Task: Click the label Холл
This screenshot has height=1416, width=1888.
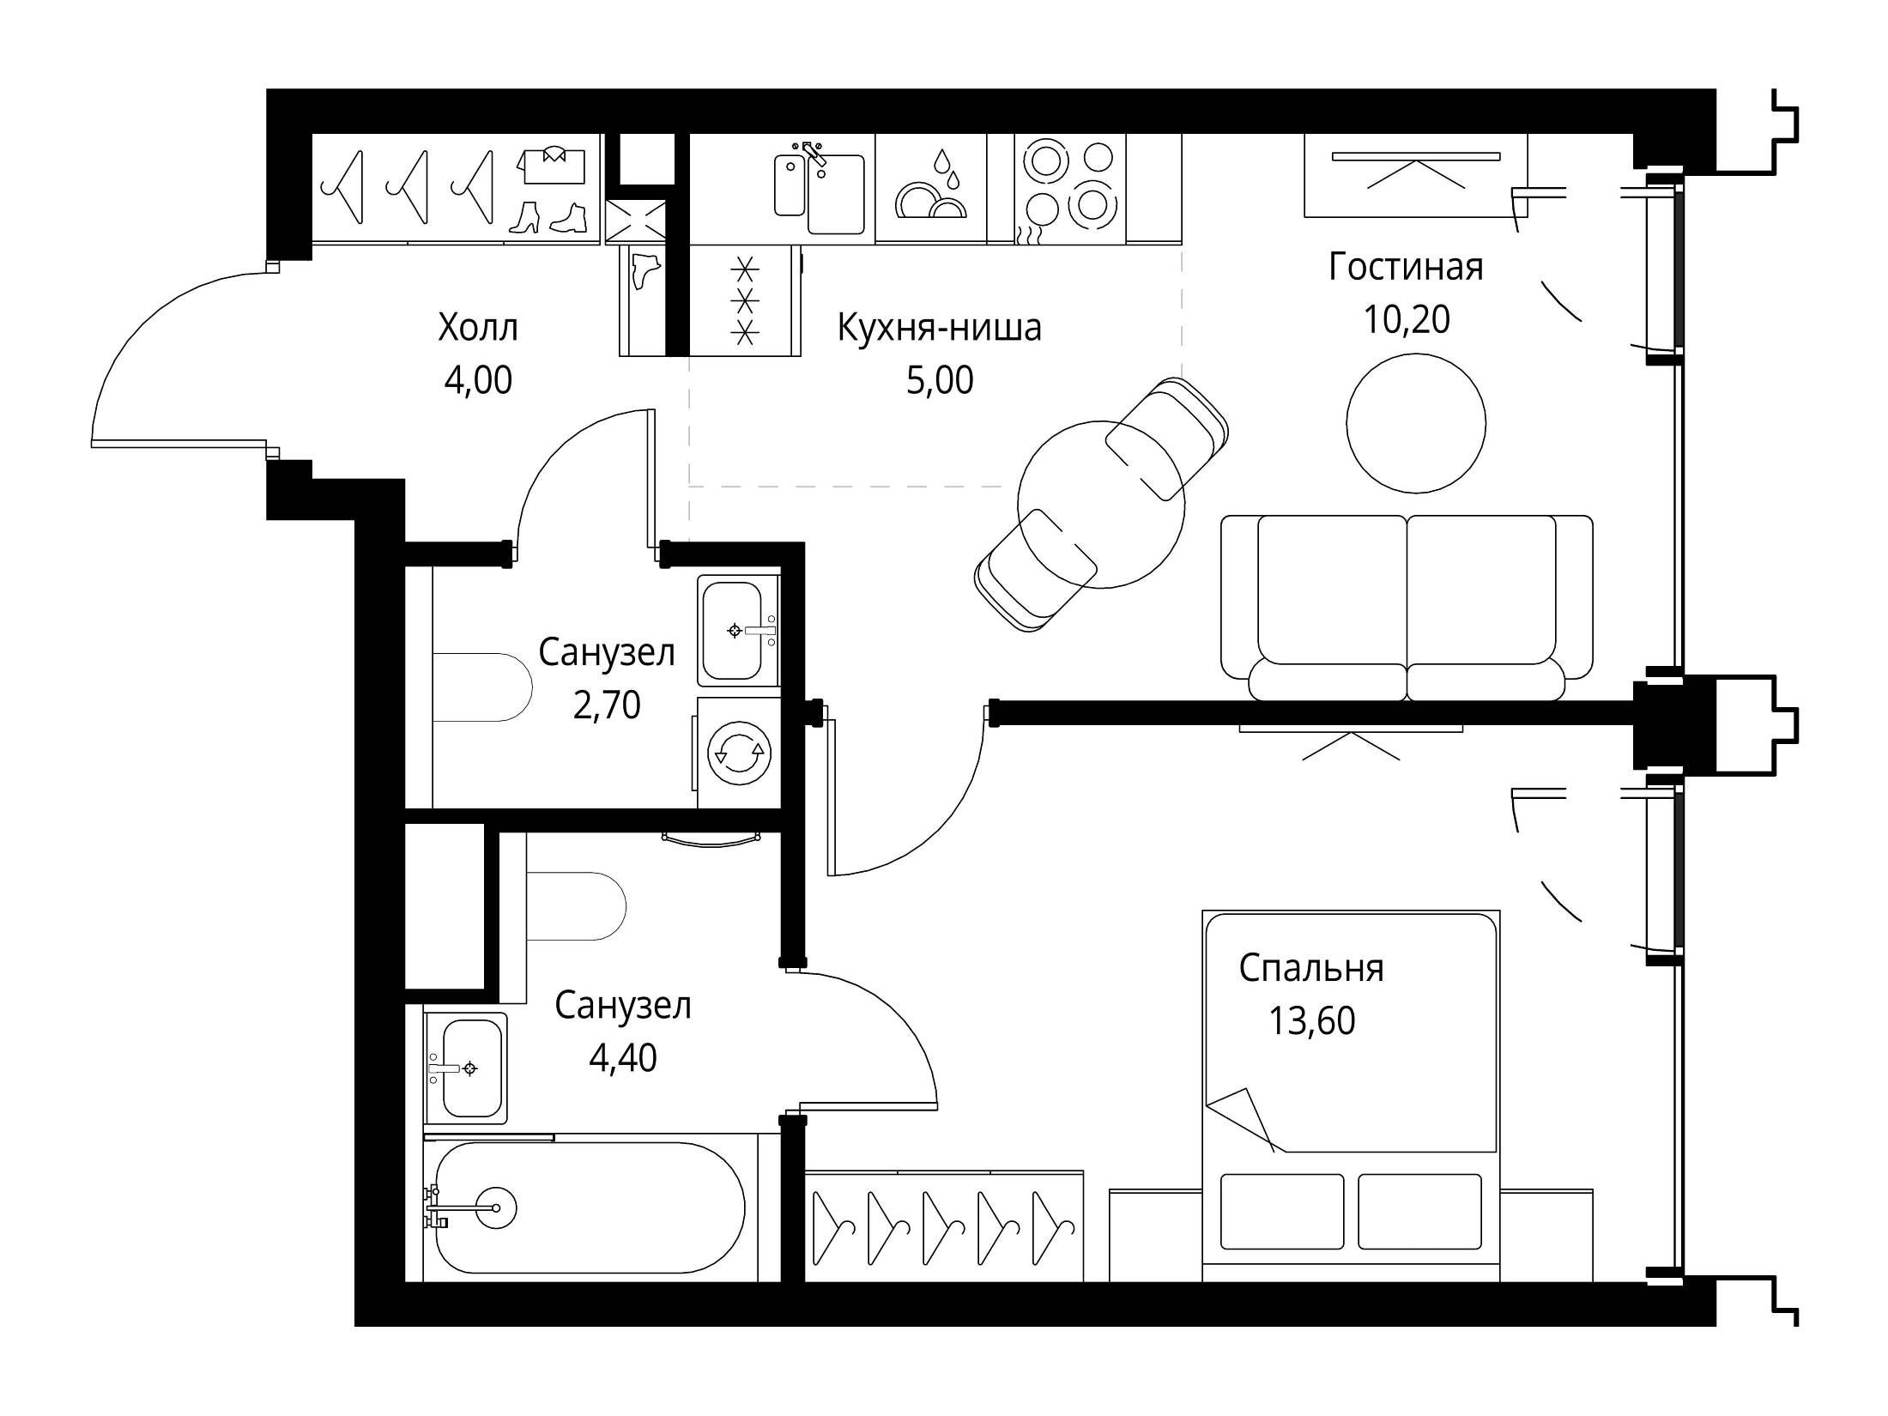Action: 478,328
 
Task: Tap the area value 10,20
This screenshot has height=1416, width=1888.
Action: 1407,319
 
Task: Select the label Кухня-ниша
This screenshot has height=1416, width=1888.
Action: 939,328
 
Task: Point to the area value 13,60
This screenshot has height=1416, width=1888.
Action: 1312,1021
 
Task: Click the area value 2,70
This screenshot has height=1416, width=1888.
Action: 607,705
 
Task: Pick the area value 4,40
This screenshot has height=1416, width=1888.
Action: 623,1058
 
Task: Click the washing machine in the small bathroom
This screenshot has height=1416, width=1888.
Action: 737,753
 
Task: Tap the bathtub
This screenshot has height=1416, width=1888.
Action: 590,1207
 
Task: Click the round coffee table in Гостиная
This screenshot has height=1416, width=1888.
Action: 1416,423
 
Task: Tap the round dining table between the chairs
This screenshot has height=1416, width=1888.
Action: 1101,505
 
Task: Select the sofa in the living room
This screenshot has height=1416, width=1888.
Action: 1407,608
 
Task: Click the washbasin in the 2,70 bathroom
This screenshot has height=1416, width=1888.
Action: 737,631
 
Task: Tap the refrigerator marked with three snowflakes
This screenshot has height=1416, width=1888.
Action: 745,300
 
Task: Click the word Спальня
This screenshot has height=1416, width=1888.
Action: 1311,969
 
